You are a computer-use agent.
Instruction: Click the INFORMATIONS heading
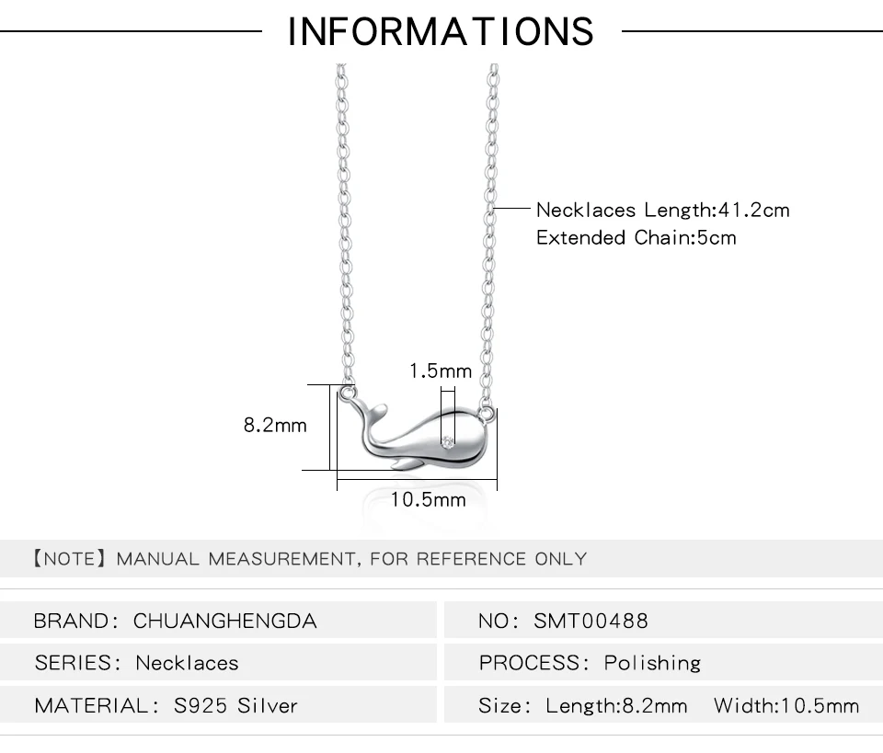click(441, 31)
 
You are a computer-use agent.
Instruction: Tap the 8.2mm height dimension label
click(275, 425)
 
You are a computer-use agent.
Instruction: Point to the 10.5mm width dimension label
click(428, 499)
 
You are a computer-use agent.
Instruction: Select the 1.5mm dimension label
click(441, 371)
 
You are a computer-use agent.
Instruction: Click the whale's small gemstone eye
click(448, 442)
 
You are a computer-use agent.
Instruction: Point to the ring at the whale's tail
click(348, 392)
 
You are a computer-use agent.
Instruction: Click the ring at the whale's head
click(486, 415)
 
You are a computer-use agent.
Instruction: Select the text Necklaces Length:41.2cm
click(663, 210)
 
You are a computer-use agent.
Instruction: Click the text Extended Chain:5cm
click(636, 237)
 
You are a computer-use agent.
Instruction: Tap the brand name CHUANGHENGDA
click(224, 621)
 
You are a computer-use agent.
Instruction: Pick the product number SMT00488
click(591, 621)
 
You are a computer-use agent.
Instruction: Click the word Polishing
click(652, 663)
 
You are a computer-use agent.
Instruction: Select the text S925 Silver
click(235, 705)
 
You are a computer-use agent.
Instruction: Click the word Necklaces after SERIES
click(187, 663)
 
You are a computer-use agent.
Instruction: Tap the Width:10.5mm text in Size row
click(786, 705)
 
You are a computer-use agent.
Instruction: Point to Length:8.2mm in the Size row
click(616, 705)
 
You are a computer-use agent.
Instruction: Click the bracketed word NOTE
click(70, 559)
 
